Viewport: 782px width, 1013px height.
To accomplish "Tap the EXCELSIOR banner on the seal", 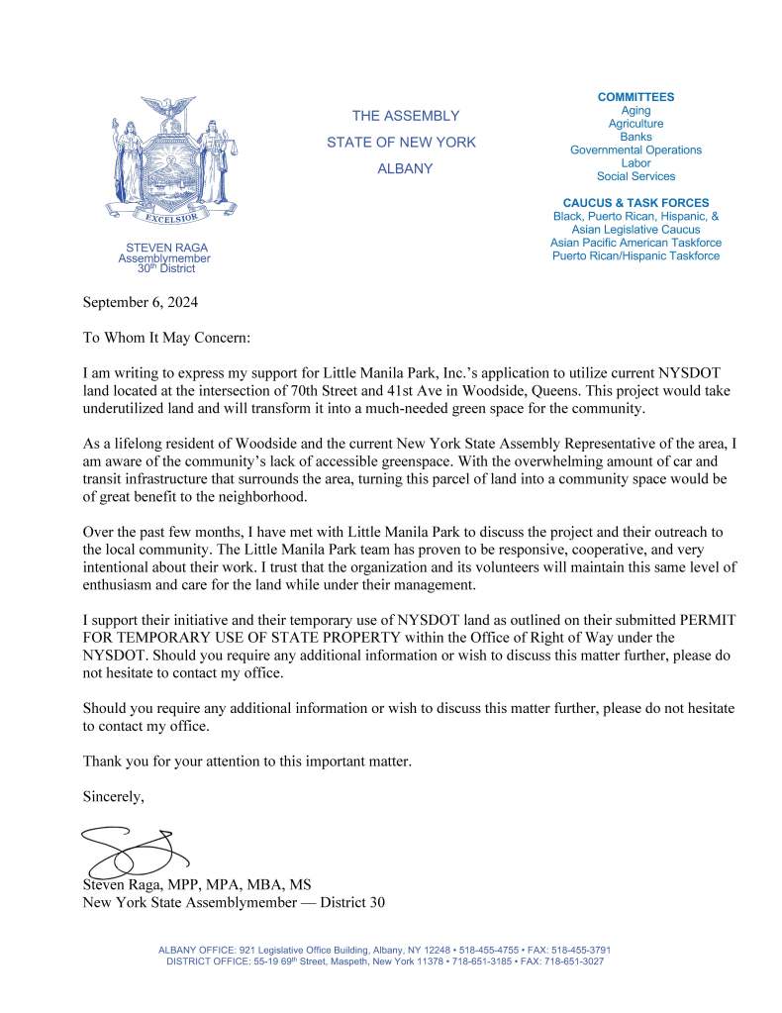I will [x=164, y=217].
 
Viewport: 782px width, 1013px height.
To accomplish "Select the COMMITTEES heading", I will [x=635, y=97].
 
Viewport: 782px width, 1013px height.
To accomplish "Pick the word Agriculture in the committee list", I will [x=635, y=124].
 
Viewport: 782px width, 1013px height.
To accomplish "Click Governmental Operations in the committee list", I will [x=635, y=151].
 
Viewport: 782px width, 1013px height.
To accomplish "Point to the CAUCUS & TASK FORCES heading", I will [x=635, y=203].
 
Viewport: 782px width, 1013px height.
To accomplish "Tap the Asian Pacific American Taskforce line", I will [x=635, y=243].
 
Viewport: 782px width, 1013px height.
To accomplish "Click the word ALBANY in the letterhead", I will [x=405, y=169].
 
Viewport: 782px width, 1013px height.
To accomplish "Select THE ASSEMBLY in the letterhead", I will [x=405, y=116].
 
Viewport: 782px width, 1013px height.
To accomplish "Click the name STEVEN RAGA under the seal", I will [x=166, y=248].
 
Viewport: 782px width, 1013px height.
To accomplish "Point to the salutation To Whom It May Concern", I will [x=166, y=338].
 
